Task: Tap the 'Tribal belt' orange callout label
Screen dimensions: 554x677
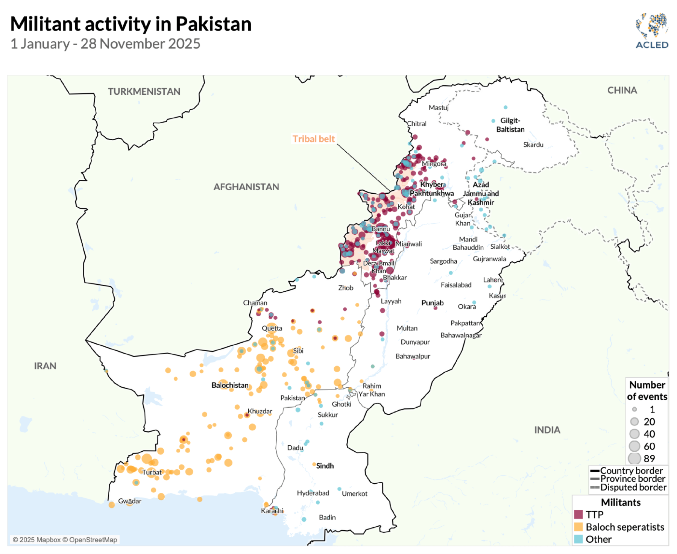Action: point(313,139)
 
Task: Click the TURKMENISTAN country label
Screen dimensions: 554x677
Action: point(144,91)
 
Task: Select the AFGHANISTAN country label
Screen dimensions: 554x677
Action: point(246,187)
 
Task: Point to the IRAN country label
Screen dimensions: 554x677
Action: point(45,366)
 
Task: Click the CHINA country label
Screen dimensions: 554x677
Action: point(622,90)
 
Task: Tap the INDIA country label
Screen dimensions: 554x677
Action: point(547,430)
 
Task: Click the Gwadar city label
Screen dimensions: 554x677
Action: point(130,501)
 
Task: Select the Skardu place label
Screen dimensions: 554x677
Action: point(533,144)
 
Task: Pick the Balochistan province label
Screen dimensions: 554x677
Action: point(230,385)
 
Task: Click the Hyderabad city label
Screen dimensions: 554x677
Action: point(313,493)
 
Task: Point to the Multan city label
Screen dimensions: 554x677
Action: point(407,328)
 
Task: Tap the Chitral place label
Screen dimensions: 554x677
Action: point(417,123)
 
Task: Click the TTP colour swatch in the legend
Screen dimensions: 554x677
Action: point(578,514)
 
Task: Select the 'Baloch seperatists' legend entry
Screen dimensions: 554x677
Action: point(625,527)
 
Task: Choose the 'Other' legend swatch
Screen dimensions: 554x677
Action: point(578,539)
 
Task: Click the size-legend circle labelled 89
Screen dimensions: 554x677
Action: point(634,458)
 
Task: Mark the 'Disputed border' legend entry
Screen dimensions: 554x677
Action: point(633,487)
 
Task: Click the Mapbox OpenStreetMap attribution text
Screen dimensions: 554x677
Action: point(65,540)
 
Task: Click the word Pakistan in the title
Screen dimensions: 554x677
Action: point(213,24)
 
